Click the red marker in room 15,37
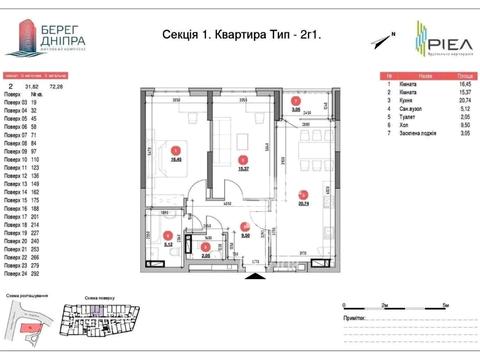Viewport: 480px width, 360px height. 241,159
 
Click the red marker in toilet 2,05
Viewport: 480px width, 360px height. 205,245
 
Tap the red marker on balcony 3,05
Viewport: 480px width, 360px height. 295,102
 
